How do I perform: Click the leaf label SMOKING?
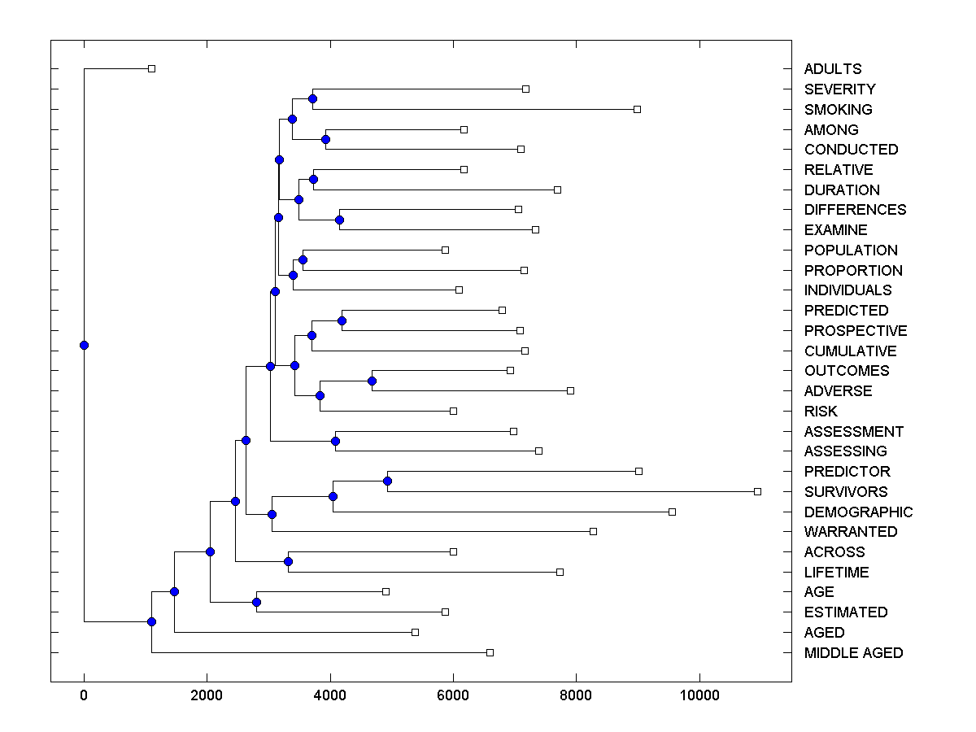pyautogui.click(x=838, y=110)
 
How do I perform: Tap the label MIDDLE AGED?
pyautogui.click(x=853, y=653)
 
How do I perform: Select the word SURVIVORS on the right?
pyautogui.click(x=846, y=492)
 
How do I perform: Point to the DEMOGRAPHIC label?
pyautogui.click(x=858, y=512)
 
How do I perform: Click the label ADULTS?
pyautogui.click(x=833, y=69)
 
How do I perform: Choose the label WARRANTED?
pyautogui.click(x=851, y=532)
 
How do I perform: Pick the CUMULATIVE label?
pyautogui.click(x=850, y=351)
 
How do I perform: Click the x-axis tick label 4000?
pyautogui.click(x=330, y=696)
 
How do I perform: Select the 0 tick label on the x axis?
pyautogui.click(x=84, y=696)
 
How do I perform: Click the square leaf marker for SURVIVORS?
pyautogui.click(x=757, y=491)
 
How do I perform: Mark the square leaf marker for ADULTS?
pyautogui.click(x=151, y=68)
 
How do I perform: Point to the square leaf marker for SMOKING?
pyautogui.click(x=637, y=109)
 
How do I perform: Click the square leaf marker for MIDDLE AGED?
pyautogui.click(x=490, y=652)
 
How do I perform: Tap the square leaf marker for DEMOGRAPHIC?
pyautogui.click(x=672, y=512)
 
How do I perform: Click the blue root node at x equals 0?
pyautogui.click(x=84, y=345)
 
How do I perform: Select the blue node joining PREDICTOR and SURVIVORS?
pyautogui.click(x=387, y=481)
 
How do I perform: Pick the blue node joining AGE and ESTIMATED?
pyautogui.click(x=256, y=602)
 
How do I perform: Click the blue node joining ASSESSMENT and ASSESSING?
pyautogui.click(x=335, y=441)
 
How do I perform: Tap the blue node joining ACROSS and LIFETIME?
pyautogui.click(x=288, y=561)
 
